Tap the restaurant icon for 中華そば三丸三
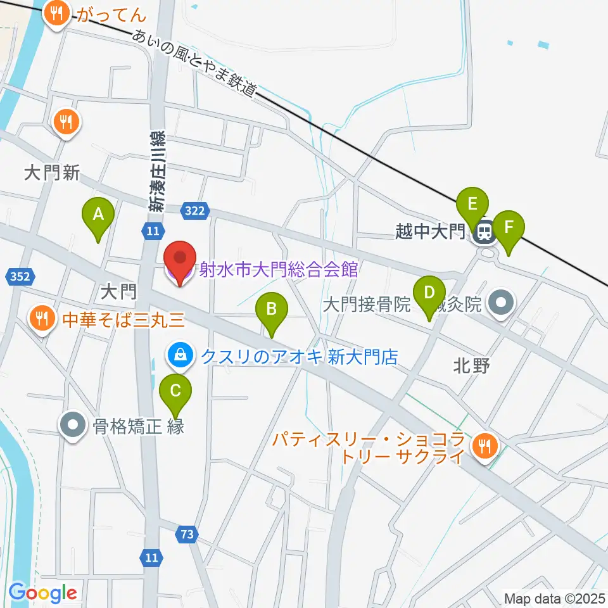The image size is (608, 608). (x=42, y=318)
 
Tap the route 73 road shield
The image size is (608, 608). (x=186, y=535)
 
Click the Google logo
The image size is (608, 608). (x=42, y=593)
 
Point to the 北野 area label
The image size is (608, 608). (x=472, y=366)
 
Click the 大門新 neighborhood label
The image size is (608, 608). (x=52, y=174)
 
